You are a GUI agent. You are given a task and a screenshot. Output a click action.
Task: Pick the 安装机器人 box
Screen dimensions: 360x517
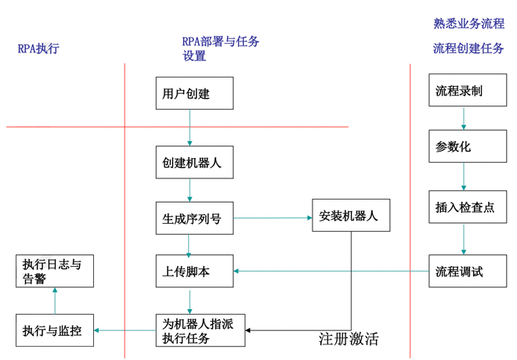tap(349, 216)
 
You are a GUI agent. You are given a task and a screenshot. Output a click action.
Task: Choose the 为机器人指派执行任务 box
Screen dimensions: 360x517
tap(200, 329)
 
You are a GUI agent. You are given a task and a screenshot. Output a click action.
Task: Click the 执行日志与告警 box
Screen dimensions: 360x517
tap(54, 271)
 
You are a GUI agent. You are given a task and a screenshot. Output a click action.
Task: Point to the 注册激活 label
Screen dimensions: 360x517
tap(349, 339)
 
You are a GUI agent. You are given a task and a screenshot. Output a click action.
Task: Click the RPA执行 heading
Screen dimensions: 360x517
tap(38, 49)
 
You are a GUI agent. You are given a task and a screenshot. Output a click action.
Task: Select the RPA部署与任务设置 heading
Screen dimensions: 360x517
tap(220, 49)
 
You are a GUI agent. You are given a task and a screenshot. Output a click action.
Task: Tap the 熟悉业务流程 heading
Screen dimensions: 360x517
tap(468, 23)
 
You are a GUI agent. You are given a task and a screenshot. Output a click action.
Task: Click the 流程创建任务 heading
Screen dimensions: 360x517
tap(468, 49)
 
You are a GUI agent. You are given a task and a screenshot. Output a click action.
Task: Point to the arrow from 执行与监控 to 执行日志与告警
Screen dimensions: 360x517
tap(55, 300)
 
